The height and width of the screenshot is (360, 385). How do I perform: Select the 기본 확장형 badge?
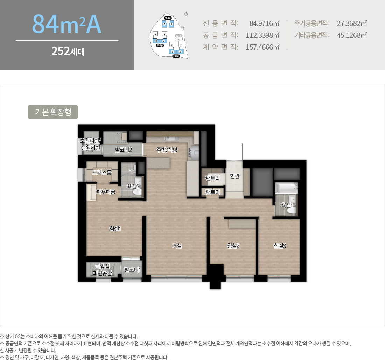[53, 112]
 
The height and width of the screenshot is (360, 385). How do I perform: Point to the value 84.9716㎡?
[265, 23]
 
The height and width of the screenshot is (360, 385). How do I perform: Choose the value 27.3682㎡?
[352, 23]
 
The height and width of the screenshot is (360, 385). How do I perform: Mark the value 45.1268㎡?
[352, 35]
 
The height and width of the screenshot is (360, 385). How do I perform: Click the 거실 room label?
[177, 245]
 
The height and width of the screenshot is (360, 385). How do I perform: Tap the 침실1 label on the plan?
[115, 229]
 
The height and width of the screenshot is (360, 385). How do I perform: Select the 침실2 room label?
[233, 245]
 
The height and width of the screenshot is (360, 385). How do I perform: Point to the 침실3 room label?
[280, 245]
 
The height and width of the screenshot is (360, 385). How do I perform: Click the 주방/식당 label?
[167, 150]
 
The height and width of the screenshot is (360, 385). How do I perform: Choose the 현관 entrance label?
[234, 176]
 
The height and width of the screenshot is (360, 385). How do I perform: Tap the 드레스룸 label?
[102, 172]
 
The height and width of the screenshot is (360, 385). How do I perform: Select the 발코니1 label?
[132, 270]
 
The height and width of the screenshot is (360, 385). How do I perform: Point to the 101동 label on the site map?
[176, 56]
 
